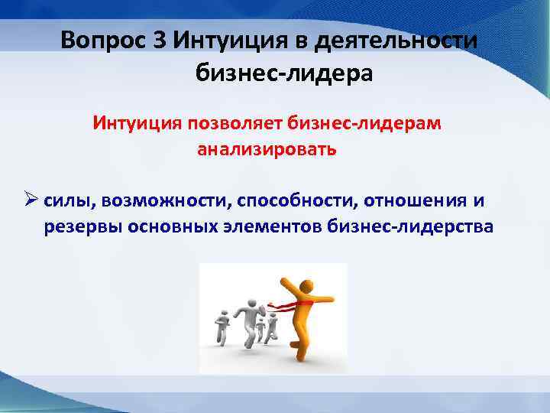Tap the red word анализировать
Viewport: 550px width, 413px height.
(267, 148)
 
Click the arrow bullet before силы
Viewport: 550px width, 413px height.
(31, 200)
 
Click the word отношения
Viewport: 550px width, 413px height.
(413, 200)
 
